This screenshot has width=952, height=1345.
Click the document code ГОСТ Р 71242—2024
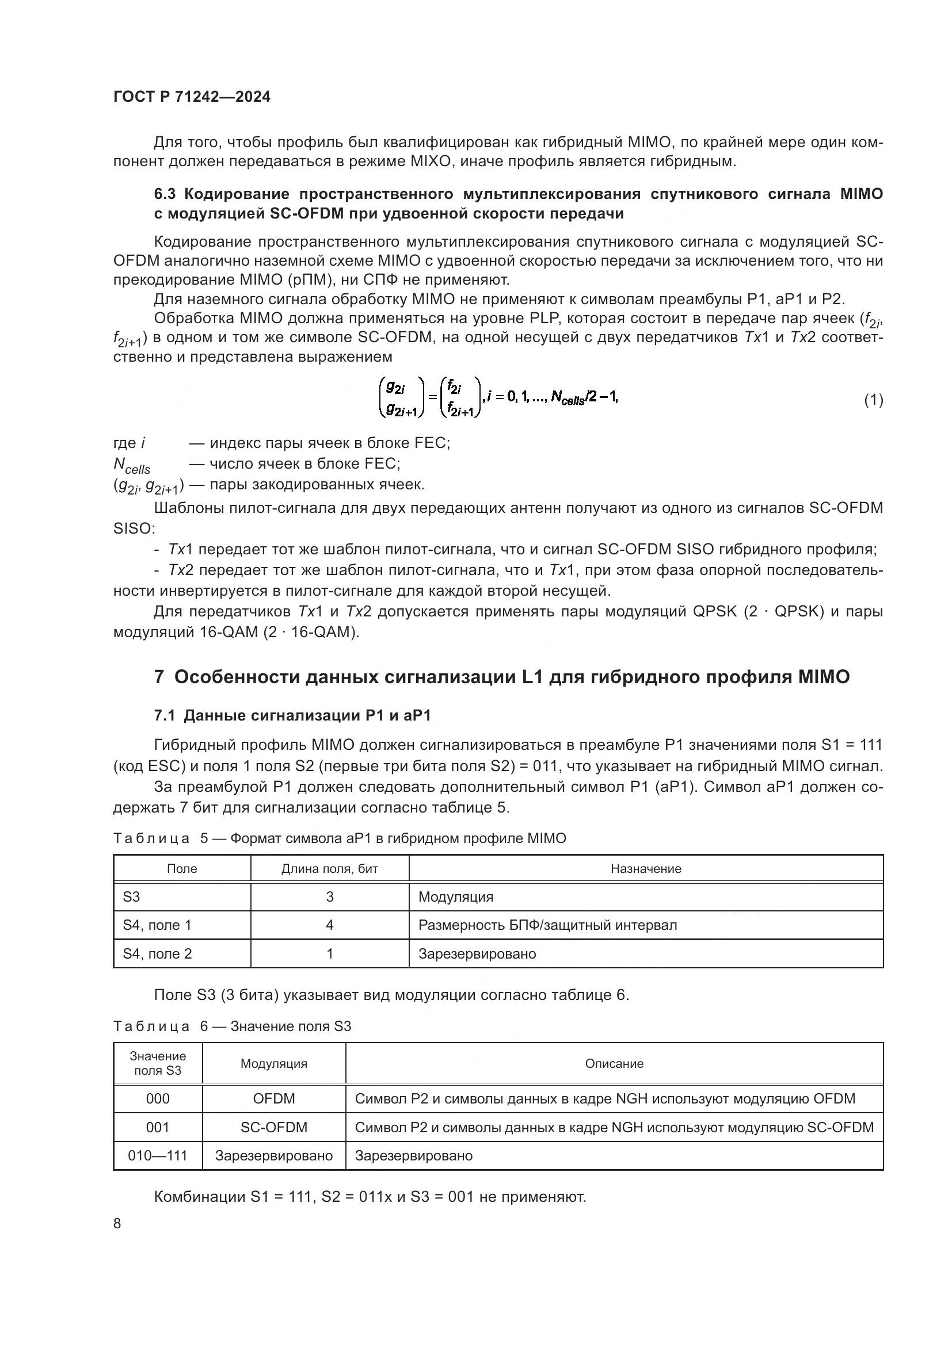tap(192, 97)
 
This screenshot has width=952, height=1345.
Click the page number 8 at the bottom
tap(117, 1223)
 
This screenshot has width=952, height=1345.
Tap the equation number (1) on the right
tap(873, 400)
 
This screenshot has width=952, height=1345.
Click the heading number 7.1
tap(166, 715)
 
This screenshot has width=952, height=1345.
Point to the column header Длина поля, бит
tap(329, 869)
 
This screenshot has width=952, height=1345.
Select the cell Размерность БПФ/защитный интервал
tap(547, 925)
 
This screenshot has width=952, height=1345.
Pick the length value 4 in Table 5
tap(329, 925)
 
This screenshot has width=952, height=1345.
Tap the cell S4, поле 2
tap(157, 953)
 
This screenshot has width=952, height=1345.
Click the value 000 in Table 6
tap(158, 1098)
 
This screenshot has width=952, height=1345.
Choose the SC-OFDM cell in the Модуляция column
tap(274, 1127)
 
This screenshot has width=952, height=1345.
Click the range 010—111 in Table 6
tap(158, 1156)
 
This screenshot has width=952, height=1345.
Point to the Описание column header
tap(614, 1063)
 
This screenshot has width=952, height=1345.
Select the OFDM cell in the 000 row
tap(274, 1098)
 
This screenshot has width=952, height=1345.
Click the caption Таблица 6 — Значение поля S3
tap(232, 1026)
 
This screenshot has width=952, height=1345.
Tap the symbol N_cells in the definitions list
tap(131, 465)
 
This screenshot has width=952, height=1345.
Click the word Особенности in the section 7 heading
tap(235, 677)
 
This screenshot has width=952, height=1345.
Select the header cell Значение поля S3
tap(158, 1063)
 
